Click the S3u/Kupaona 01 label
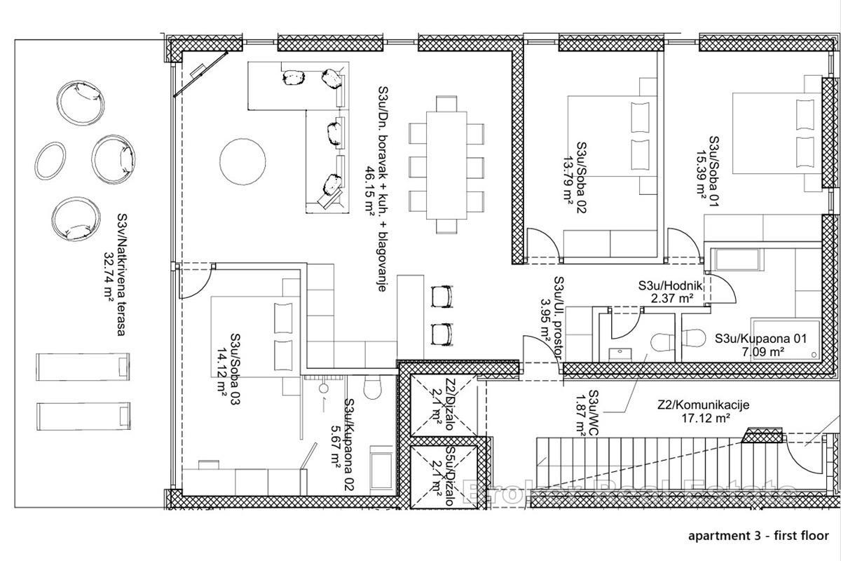coord(760,338)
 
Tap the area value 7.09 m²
coord(760,352)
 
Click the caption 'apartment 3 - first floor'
coord(758,535)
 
